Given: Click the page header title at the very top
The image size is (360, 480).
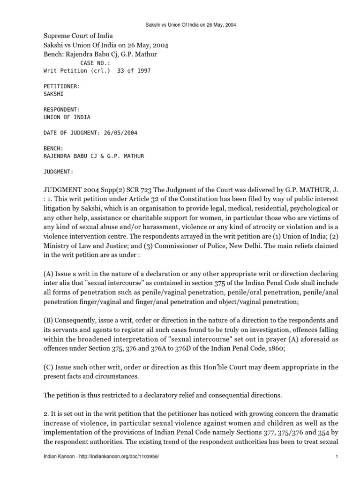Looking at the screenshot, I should (x=180, y=24).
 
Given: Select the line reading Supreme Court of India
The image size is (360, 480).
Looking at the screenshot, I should (x=78, y=36).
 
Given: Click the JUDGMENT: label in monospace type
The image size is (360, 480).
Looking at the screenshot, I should (x=58, y=172).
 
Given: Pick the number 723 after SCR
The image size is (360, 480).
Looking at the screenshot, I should (x=146, y=190).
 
